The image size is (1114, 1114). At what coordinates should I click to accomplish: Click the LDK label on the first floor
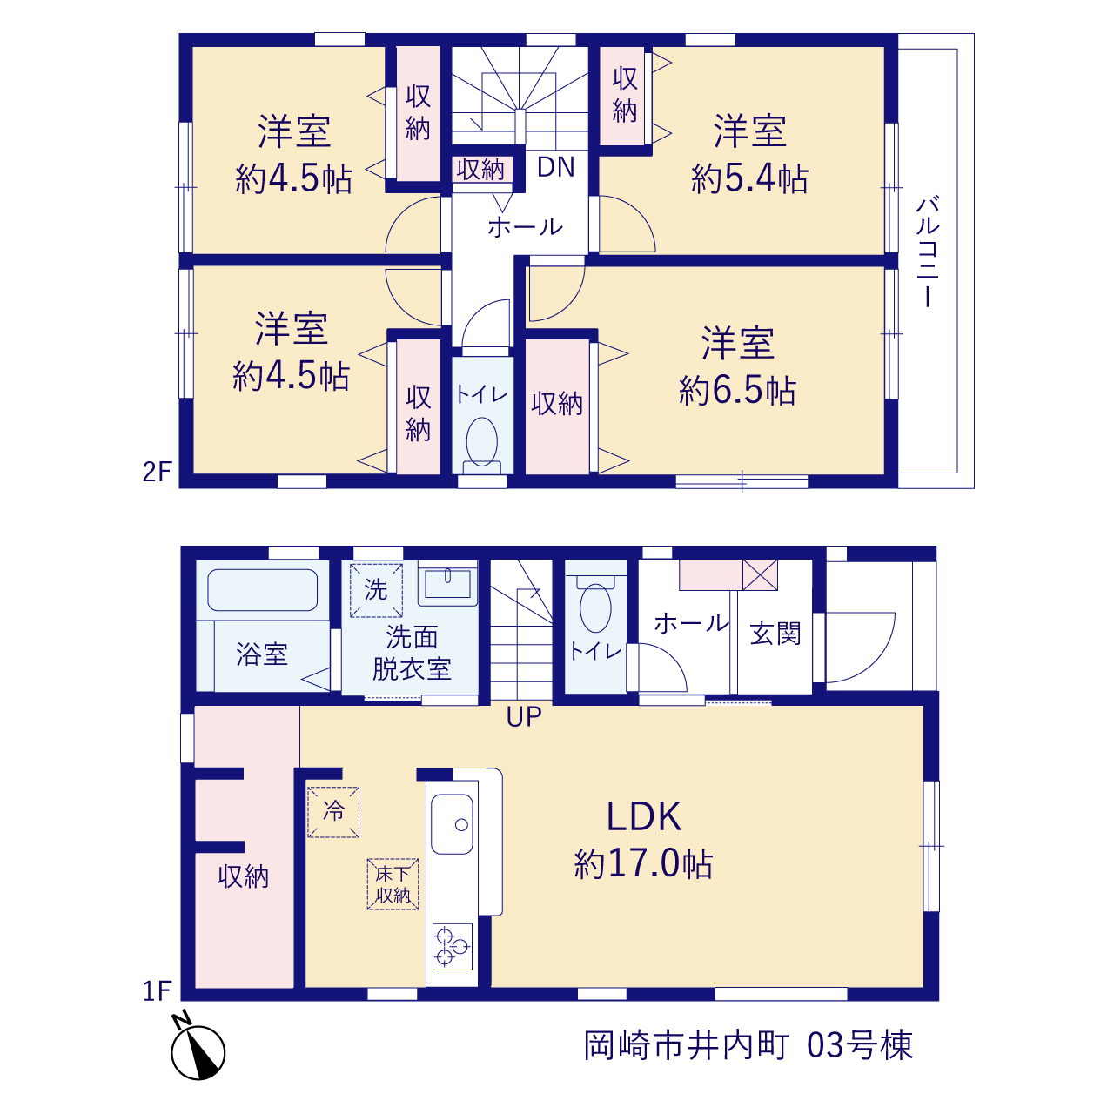[x=643, y=816]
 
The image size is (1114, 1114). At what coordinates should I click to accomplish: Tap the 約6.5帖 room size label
[x=737, y=390]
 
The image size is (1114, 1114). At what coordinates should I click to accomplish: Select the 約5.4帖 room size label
[x=749, y=178]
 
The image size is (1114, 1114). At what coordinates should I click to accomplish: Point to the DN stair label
[x=555, y=167]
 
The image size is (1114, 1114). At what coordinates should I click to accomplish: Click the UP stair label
[x=524, y=717]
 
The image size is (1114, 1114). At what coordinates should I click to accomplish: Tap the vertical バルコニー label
[x=927, y=252]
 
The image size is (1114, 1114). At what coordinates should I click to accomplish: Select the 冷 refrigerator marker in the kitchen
[x=333, y=812]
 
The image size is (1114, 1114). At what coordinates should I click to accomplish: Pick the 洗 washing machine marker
[x=376, y=590]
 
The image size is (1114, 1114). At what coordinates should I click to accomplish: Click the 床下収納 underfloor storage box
[x=393, y=884]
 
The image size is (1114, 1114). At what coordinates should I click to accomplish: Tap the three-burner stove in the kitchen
[x=452, y=946]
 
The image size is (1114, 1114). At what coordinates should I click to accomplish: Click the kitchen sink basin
[x=452, y=824]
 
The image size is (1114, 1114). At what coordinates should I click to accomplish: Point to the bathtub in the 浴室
[x=263, y=590]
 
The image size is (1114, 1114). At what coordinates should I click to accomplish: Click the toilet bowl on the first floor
[x=595, y=607]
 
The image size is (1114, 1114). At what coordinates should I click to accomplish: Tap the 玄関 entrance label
[x=775, y=634]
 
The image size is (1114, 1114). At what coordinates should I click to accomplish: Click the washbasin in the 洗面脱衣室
[x=448, y=585]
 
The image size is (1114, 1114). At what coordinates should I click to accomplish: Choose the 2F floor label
[x=158, y=473]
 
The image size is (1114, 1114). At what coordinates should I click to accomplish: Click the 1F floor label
[x=158, y=991]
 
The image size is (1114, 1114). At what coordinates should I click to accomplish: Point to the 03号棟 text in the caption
[x=860, y=1045]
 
